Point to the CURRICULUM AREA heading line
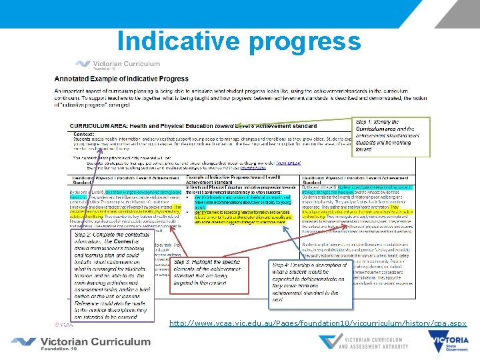pos(193,125)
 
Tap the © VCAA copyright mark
pos(63,325)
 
